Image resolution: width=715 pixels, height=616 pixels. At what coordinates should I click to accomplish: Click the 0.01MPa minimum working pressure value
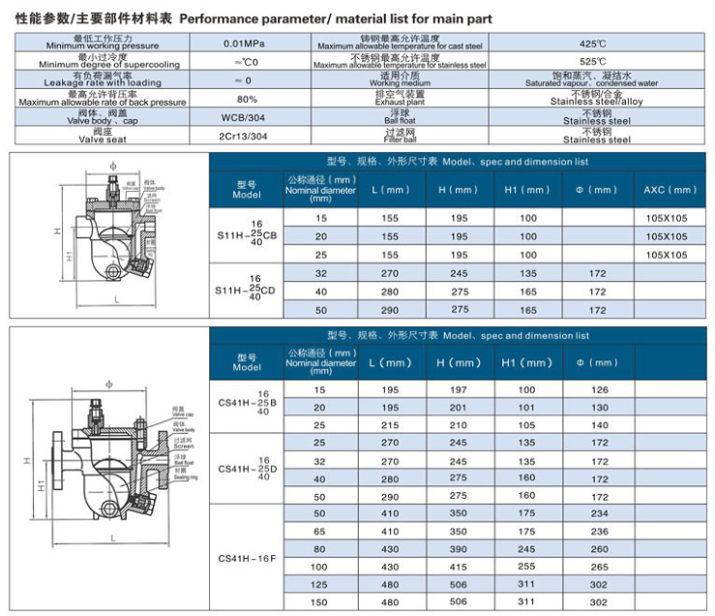coord(247,44)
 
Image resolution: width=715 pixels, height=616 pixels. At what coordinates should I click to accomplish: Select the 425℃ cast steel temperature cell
coord(591,44)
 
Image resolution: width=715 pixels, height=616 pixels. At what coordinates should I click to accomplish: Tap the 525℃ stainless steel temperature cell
coord(591,62)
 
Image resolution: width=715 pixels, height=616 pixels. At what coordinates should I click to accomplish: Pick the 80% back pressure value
coord(247,99)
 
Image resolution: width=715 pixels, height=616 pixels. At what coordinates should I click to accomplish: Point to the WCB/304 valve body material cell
coord(247,117)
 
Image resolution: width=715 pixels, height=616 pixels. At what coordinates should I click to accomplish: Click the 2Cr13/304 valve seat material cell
coord(247,136)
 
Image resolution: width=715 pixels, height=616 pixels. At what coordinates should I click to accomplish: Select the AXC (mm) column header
coord(670,190)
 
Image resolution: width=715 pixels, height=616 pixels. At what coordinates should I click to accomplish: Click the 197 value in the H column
coord(459,388)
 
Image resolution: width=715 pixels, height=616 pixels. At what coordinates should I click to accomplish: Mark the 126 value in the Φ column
coord(598,388)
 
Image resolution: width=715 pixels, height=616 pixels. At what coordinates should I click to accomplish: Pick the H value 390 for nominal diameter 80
coord(459,548)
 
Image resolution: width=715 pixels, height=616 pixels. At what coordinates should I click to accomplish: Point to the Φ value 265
coord(598,566)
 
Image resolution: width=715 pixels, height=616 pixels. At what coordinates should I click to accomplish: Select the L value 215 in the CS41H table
coord(390,424)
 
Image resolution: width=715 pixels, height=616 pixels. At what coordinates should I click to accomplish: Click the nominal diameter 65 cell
coord(320,531)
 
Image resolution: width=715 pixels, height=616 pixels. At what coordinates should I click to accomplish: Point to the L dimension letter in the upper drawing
coord(116,300)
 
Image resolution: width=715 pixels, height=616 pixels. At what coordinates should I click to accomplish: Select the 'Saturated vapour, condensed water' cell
coord(591,80)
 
